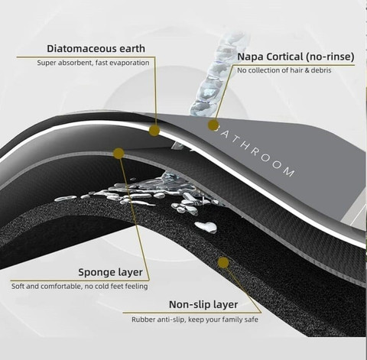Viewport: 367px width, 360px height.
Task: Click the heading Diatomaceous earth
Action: coord(96,48)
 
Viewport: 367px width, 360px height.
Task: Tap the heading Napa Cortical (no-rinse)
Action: coord(296,57)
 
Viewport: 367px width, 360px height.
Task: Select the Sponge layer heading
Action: coord(110,272)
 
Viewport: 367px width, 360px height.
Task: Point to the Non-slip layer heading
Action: coord(203,304)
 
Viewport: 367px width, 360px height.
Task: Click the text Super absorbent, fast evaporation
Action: coord(93,63)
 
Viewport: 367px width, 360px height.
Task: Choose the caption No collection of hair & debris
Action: coord(284,70)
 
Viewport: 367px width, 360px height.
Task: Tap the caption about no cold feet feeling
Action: coord(80,286)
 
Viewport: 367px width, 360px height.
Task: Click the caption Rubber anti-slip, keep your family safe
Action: coord(195,319)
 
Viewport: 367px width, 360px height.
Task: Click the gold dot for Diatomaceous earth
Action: coord(154,131)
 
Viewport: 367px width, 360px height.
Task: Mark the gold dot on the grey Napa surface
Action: coord(213,125)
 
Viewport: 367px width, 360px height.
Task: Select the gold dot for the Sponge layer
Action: coord(119,154)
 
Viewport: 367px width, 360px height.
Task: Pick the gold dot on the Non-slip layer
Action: coord(223,263)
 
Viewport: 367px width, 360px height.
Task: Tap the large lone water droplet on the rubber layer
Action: coord(206,227)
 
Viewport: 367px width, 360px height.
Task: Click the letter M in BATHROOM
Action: coord(289,171)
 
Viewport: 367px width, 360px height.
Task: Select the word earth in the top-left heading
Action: coord(132,48)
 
